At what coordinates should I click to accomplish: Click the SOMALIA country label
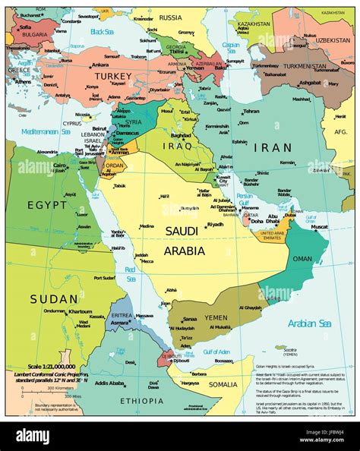tap(223, 385)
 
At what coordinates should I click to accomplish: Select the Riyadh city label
tap(215, 224)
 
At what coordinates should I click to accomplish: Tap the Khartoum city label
tap(80, 311)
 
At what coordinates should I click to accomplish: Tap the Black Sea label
tap(101, 32)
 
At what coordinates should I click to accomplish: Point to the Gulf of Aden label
tap(215, 352)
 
